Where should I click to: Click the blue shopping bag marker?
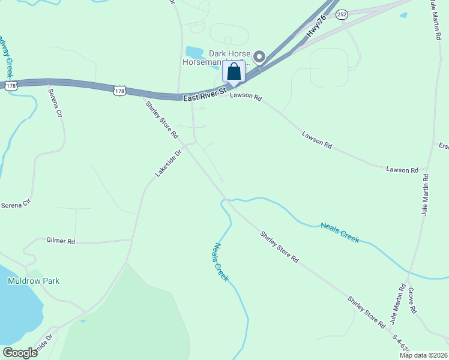[234, 71]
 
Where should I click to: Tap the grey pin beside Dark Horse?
[259, 56]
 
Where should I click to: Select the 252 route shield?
[342, 14]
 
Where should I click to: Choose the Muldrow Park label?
[34, 281]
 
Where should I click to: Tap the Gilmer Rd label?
[60, 241]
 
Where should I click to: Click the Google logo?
[20, 353]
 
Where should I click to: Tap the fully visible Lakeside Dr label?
[168, 163]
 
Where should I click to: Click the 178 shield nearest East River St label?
[119, 91]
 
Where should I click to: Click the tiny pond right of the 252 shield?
[403, 15]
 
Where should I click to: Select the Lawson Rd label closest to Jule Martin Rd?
[402, 170]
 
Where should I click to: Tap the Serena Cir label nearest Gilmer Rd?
[16, 204]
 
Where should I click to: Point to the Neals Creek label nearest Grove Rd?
[340, 232]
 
